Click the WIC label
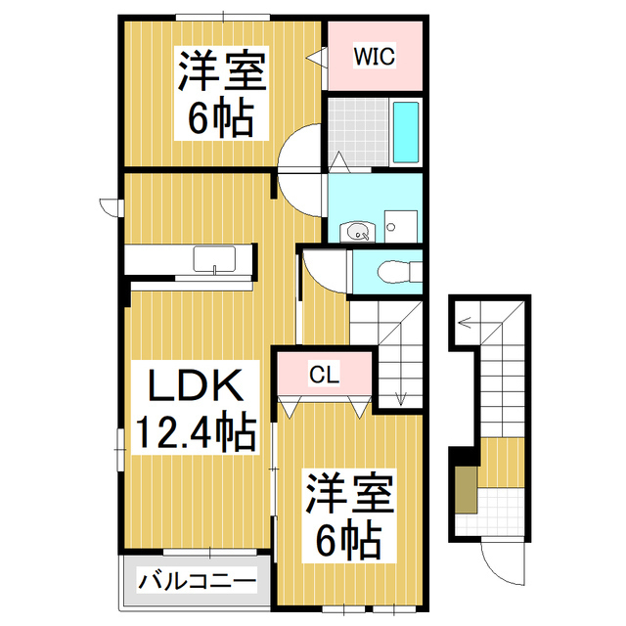(x=375, y=56)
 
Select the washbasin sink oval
(x=358, y=232)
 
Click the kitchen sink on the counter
(x=213, y=260)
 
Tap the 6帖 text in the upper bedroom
(x=221, y=118)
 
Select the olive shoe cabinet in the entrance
(x=468, y=489)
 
